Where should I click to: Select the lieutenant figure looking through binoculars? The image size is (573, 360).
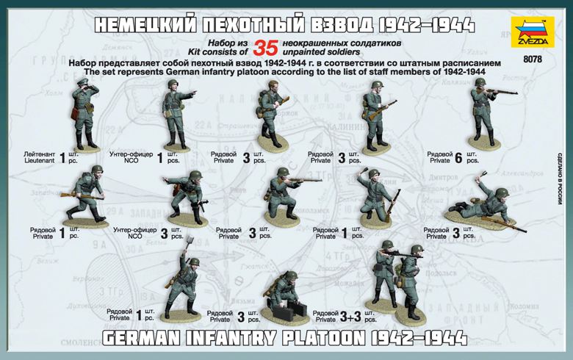coord(79,114)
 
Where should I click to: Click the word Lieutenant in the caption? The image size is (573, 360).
coord(37,159)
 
